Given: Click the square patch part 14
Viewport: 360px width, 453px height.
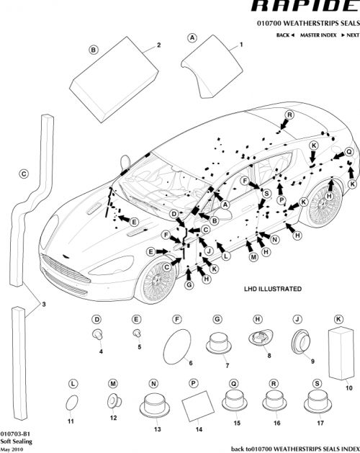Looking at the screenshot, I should pos(194,411).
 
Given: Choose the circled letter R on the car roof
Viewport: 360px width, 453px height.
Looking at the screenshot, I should pos(289,115).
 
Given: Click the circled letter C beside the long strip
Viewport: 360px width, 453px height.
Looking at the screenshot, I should pos(23,174).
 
